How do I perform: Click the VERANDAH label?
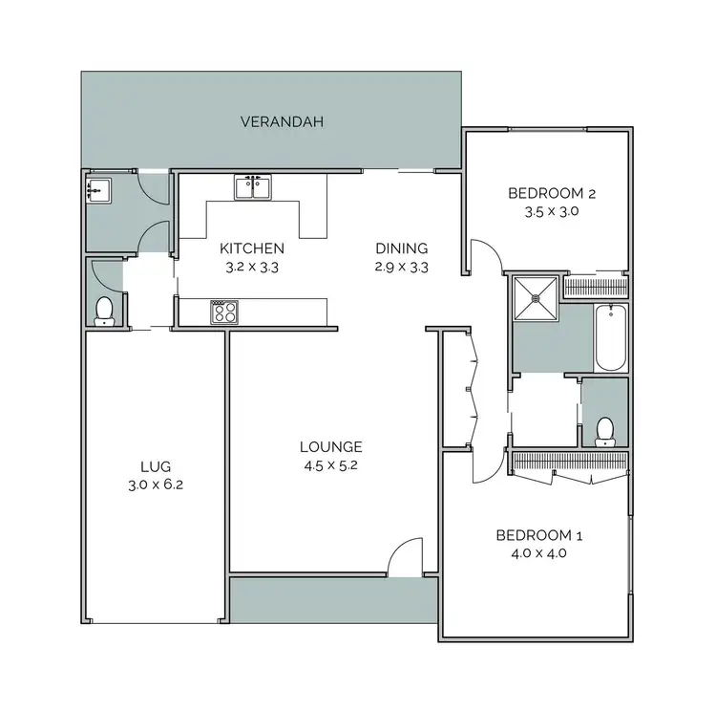coord(282,121)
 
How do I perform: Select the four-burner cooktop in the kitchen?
coord(224,312)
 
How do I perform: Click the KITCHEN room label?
coord(252,248)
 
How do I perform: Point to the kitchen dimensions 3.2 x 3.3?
coord(252,268)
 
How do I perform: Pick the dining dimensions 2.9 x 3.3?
coord(401,268)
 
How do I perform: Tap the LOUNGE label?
coord(330,446)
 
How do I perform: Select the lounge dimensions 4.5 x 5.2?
coord(330,466)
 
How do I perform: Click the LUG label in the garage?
coord(155,466)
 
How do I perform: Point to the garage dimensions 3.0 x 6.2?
coord(155,485)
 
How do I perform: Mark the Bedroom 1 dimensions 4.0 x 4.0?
coord(539,553)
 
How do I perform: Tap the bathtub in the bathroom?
coord(608,337)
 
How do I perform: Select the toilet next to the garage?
coord(105,310)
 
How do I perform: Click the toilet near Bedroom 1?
coord(604,431)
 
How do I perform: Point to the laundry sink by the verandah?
coord(98,190)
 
